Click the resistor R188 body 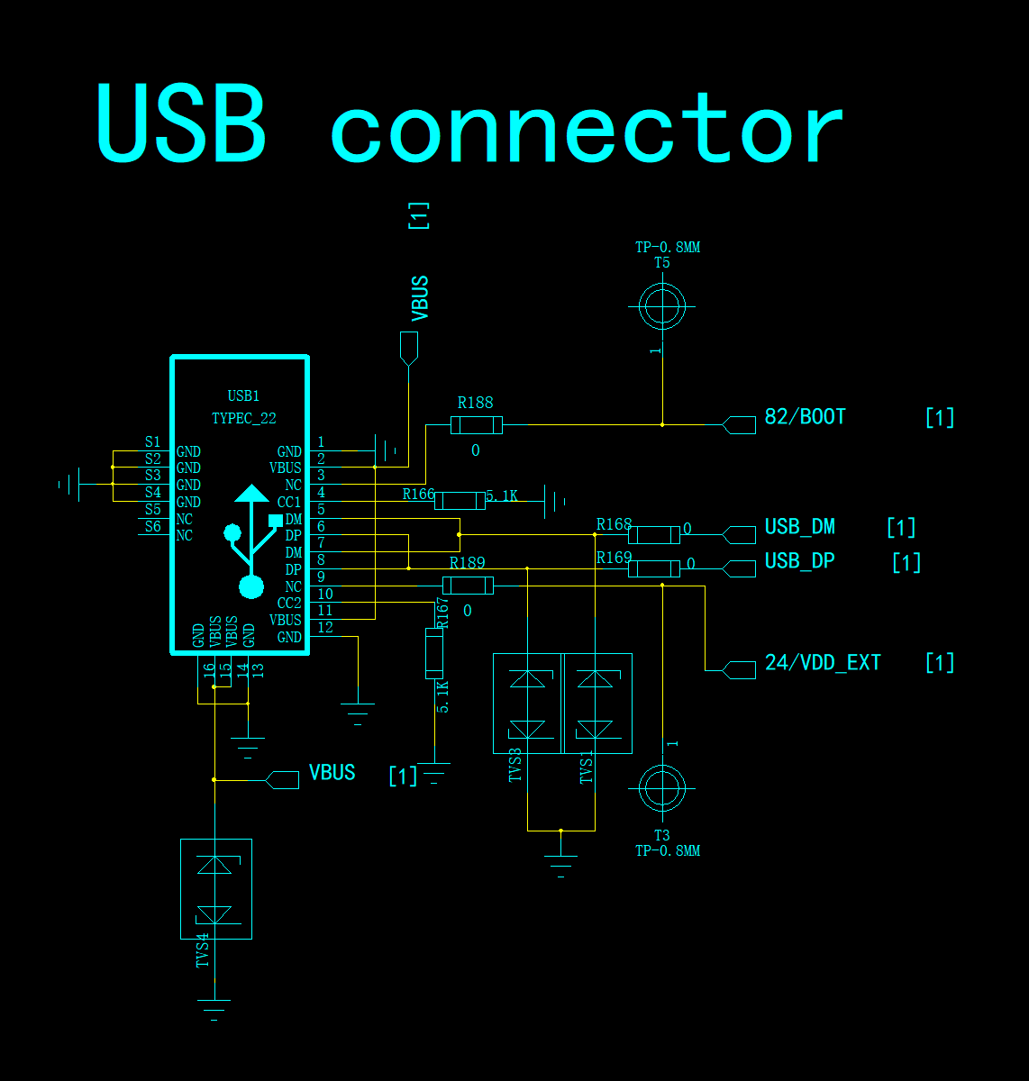coord(477,425)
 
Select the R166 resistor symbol coord(460,501)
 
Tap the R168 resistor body coord(654,534)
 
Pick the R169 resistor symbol coord(654,568)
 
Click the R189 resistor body coord(468,586)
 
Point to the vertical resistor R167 coord(434,654)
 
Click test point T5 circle coord(662,306)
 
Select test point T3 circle coord(662,788)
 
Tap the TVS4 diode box coord(216,889)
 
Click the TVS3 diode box coord(527,704)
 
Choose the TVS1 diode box coord(597,704)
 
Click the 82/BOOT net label coord(805,417)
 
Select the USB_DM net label coord(799,527)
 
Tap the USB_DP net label coord(799,561)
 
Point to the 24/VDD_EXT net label coord(823,663)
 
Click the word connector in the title coord(587,128)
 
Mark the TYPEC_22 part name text coord(243,418)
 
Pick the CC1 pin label coord(289,502)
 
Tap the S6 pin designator coord(153,527)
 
